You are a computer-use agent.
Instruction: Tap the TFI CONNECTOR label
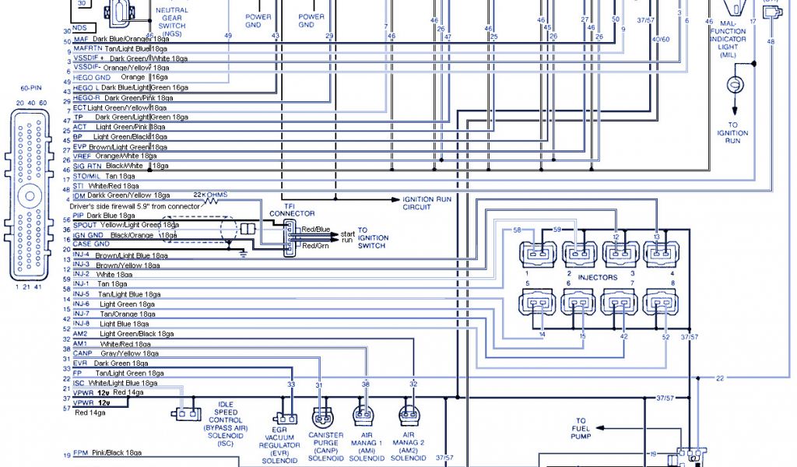292,209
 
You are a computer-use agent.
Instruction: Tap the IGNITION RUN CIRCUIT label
427,203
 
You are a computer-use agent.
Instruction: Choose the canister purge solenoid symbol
321,416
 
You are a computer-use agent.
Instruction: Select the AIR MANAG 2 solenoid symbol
411,415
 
